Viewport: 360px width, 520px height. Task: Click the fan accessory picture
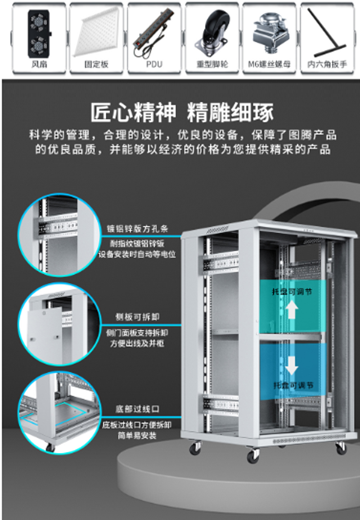(40, 33)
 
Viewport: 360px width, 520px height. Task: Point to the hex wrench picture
(327, 31)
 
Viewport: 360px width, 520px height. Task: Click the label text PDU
(154, 64)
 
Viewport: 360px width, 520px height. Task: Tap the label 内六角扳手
(327, 64)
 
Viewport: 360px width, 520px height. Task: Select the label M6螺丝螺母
(269, 64)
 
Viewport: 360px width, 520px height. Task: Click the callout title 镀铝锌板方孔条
(137, 229)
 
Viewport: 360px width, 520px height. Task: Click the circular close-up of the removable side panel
(58, 324)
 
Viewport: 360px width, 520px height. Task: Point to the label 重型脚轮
(212, 64)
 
